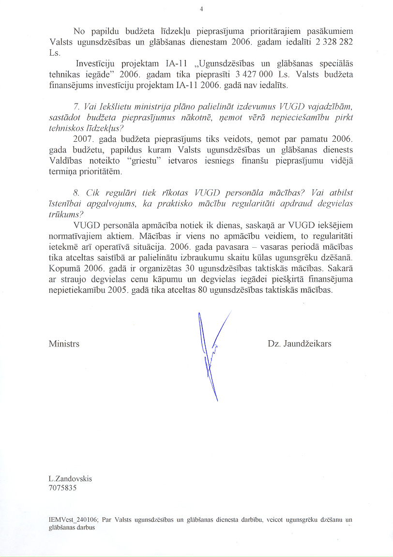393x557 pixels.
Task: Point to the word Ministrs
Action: (x=64, y=344)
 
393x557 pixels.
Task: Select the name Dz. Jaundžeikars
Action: (x=299, y=344)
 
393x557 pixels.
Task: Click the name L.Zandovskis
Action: (x=70, y=479)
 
